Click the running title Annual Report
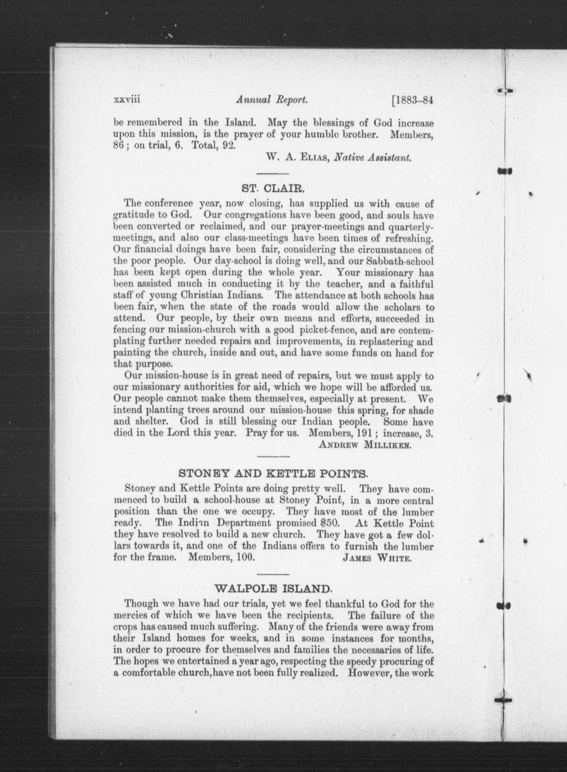point(271,100)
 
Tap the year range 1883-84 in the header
point(413,100)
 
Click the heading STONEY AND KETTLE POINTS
point(273,475)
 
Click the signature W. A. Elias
point(298,158)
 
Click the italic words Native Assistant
point(372,158)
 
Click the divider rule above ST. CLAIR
point(273,173)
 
